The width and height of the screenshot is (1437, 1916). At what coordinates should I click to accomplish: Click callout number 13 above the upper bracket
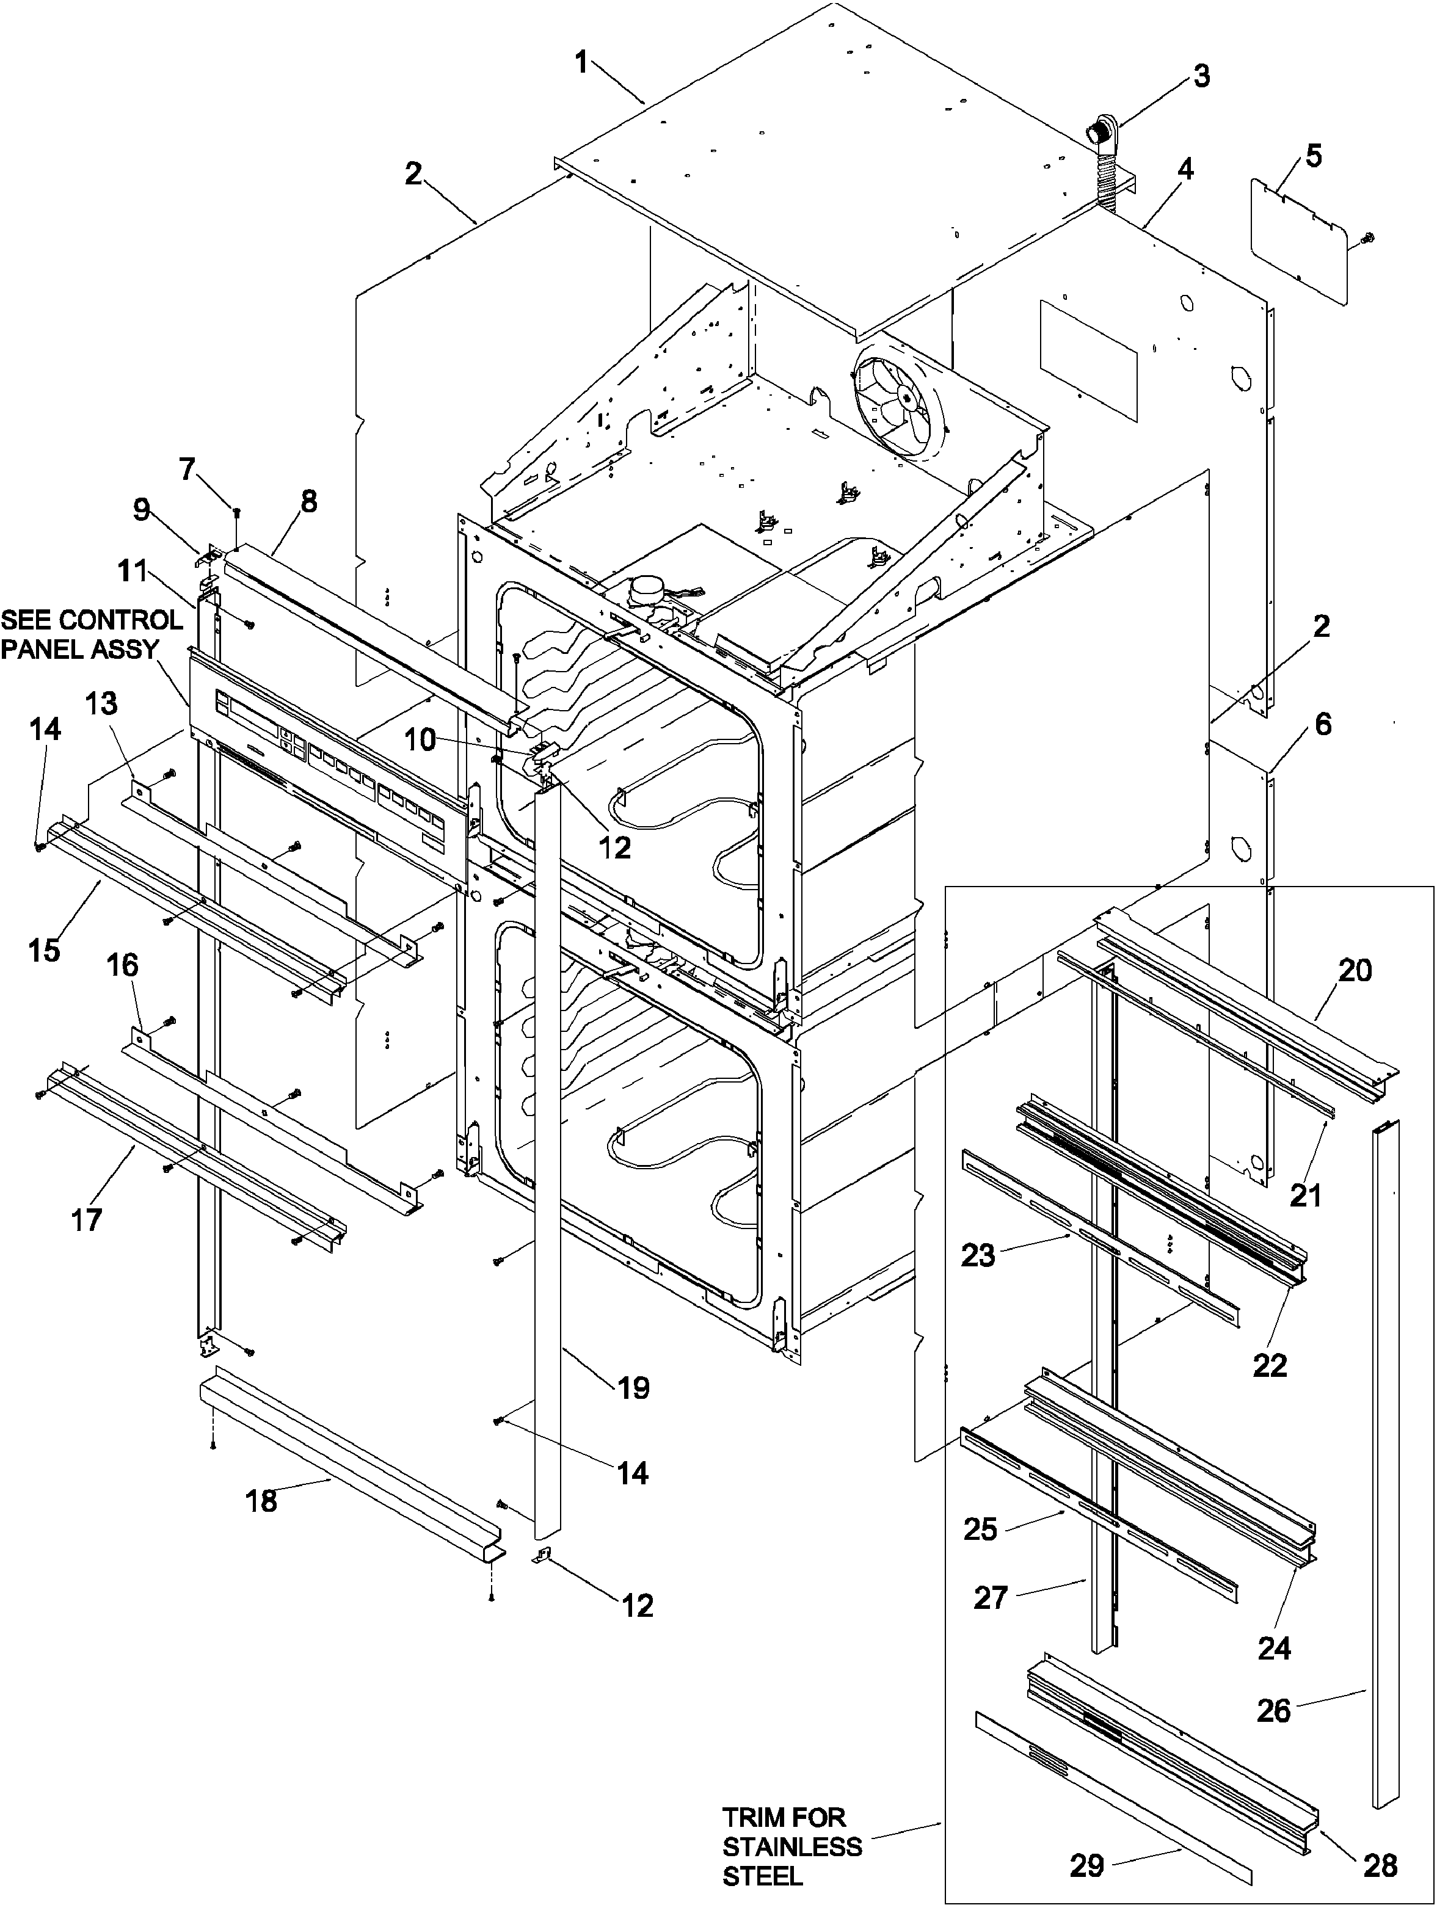click(101, 703)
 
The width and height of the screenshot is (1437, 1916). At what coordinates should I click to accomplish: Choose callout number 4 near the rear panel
click(1184, 170)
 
